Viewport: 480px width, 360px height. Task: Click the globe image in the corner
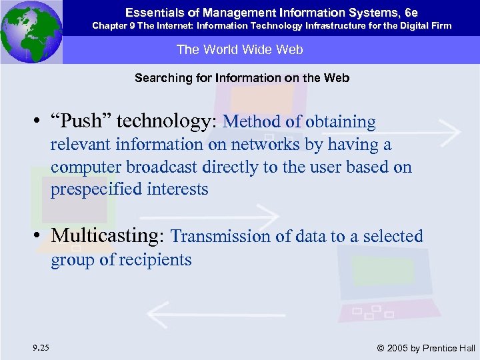(x=31, y=32)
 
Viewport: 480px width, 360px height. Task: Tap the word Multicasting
(x=109, y=236)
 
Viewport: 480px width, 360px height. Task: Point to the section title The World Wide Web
(x=239, y=49)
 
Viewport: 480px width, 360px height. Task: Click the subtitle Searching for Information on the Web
(x=241, y=78)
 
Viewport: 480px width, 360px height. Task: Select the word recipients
(x=155, y=259)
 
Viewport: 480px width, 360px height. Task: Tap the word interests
(x=177, y=189)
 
